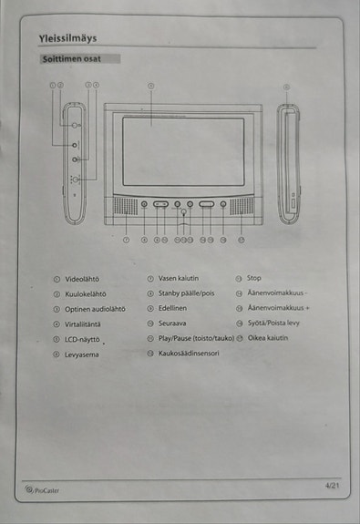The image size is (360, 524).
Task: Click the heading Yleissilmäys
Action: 68,38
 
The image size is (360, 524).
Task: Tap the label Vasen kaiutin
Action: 179,278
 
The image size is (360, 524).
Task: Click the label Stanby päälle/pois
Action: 187,293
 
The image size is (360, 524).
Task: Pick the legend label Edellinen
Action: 172,308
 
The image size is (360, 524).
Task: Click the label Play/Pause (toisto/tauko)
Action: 196,338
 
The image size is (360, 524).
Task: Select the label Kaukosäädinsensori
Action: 189,353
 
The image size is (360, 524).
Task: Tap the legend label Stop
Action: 254,278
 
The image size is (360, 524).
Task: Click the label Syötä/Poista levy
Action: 273,323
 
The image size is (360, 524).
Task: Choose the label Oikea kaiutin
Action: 268,338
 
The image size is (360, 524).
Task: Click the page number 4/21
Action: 332,487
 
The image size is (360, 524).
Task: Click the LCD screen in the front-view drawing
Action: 183,151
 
